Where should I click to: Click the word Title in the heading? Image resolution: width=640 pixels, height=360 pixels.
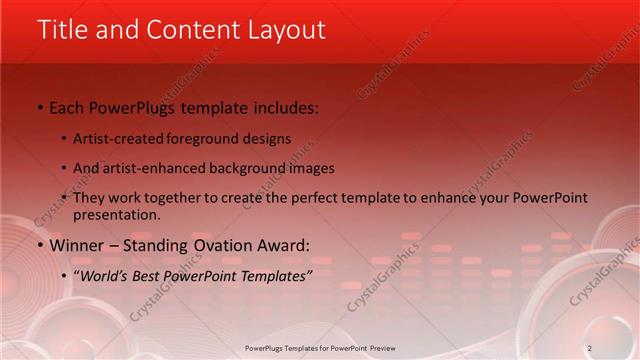61,30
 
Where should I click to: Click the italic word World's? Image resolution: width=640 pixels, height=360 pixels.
104,274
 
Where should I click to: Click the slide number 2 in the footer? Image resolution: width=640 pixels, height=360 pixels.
590,348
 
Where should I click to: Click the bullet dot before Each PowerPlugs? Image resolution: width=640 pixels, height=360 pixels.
40,107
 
